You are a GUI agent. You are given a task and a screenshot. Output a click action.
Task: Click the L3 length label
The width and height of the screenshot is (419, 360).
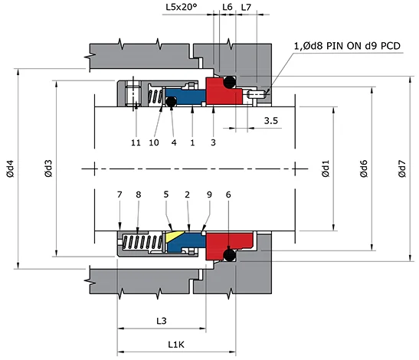[x=162, y=320]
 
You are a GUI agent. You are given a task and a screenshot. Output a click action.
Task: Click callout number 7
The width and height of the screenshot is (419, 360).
[x=119, y=195]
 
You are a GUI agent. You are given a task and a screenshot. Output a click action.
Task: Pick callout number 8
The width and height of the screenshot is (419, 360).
[x=138, y=195]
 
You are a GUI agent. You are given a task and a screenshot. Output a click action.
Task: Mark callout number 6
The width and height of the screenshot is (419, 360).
[x=228, y=195]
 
